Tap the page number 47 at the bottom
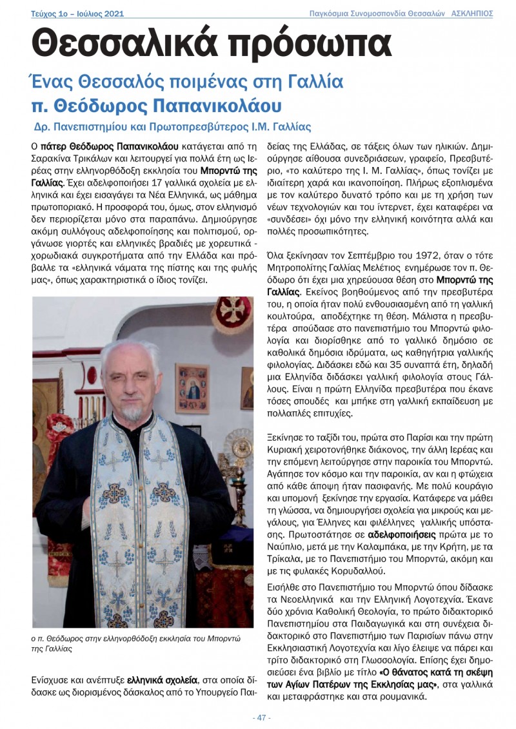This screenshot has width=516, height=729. pos(261,717)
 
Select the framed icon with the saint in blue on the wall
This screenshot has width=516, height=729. pos(192,389)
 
